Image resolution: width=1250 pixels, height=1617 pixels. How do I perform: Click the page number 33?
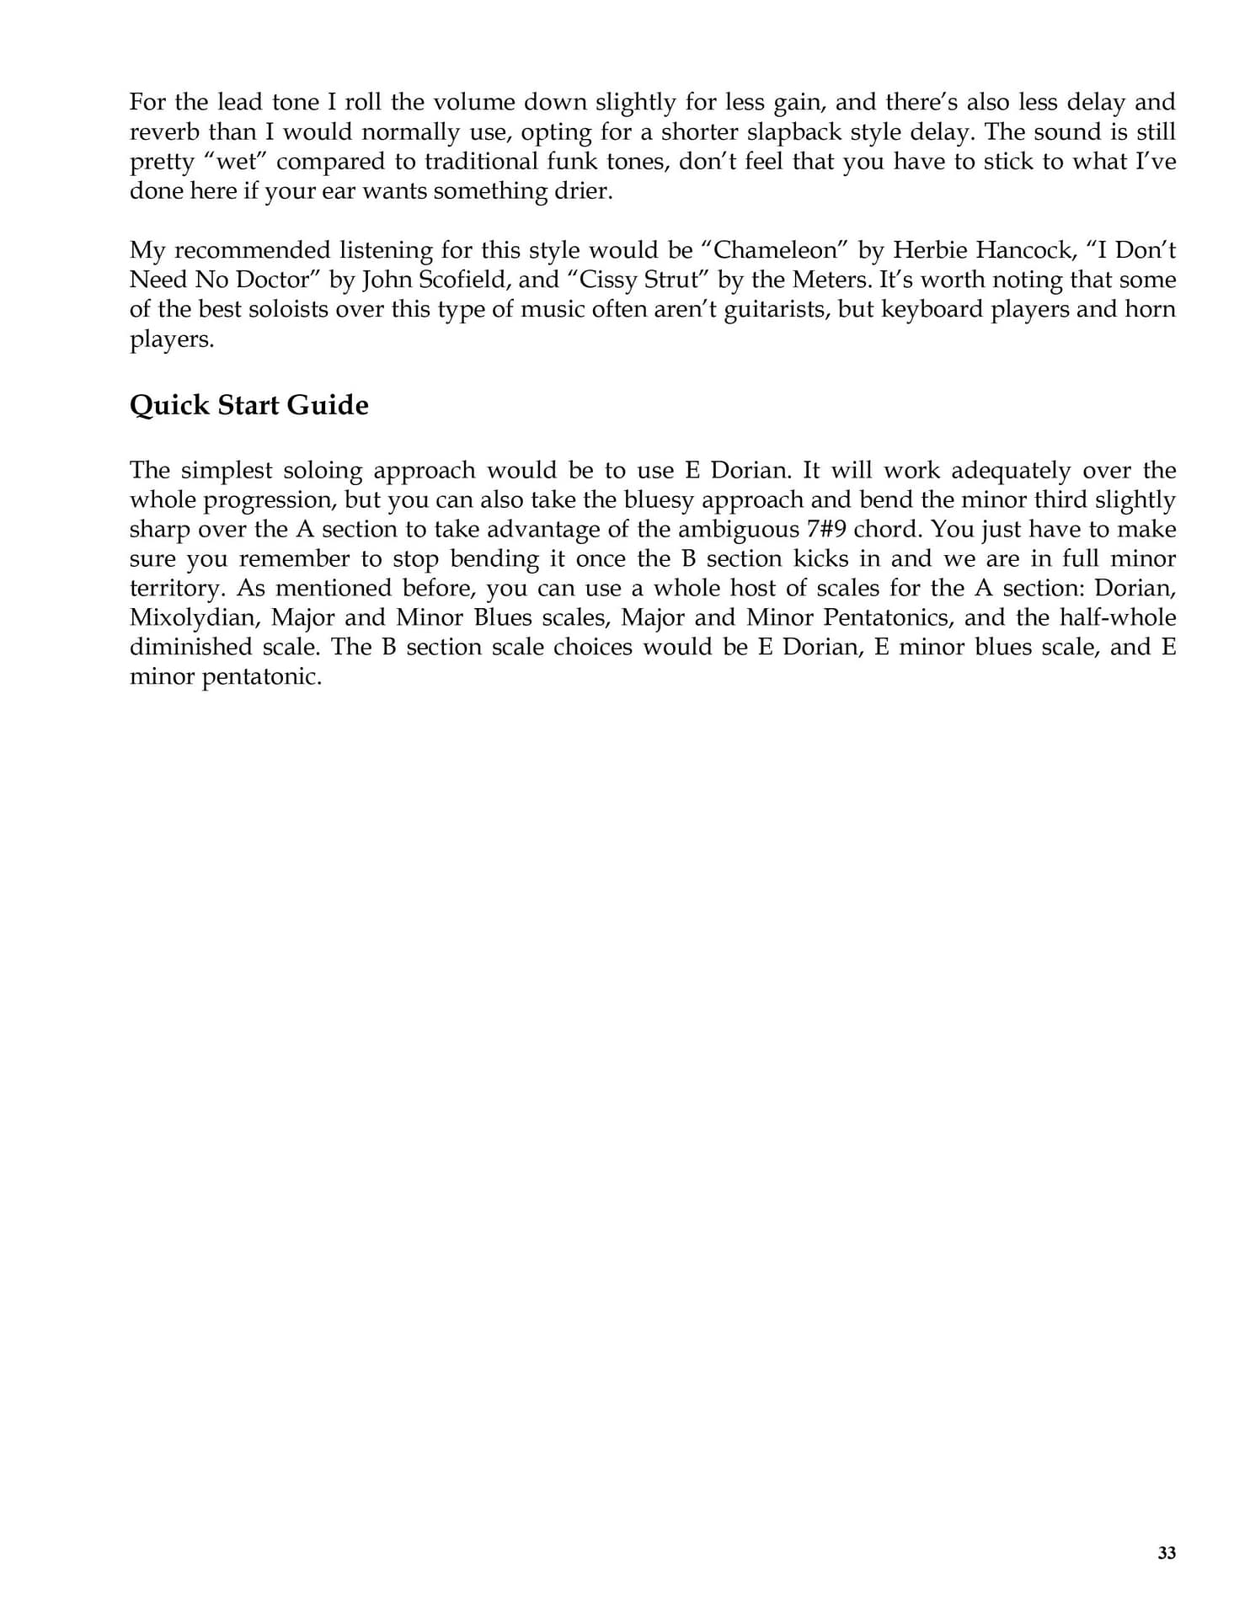click(1166, 1553)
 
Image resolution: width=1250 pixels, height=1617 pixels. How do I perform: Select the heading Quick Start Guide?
click(248, 405)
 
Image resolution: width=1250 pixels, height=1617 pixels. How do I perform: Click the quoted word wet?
click(235, 162)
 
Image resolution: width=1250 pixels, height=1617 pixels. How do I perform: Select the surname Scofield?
click(461, 280)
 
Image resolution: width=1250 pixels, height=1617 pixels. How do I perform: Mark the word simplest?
click(227, 470)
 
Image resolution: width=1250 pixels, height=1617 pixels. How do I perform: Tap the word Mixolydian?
click(193, 617)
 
